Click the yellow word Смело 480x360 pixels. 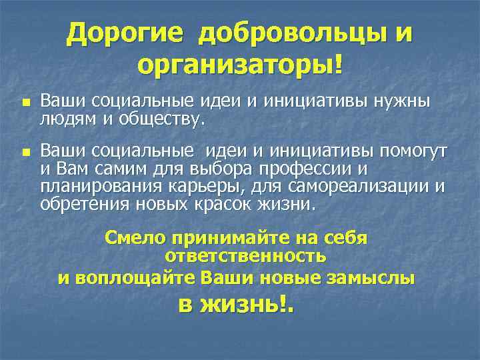click(x=135, y=238)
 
